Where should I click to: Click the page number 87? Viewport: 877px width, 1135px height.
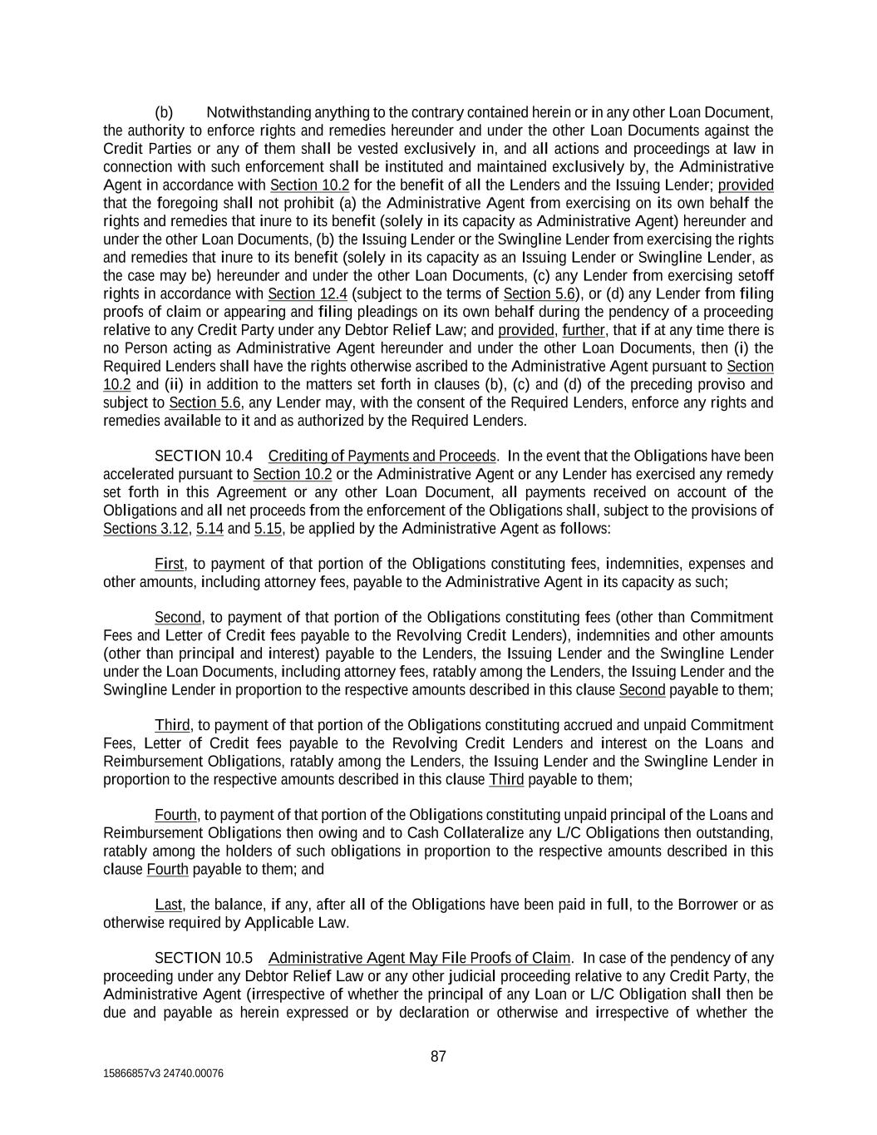(x=438, y=1057)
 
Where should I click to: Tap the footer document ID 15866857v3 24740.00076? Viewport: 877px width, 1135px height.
(x=163, y=1073)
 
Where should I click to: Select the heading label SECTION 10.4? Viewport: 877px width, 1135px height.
(x=204, y=456)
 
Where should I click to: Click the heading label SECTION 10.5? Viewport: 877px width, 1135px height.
(x=204, y=958)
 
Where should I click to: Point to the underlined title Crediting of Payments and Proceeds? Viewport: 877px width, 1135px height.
(x=382, y=456)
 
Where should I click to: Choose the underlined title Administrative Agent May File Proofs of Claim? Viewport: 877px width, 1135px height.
(x=420, y=958)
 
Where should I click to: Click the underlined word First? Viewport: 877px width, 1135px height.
(x=170, y=564)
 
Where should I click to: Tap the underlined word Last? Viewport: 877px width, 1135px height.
(x=169, y=904)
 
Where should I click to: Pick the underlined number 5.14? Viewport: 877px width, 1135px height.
(x=209, y=528)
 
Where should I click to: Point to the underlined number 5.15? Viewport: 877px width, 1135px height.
(x=268, y=528)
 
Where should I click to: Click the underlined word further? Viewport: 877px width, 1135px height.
(x=584, y=330)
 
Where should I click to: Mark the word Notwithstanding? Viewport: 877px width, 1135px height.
(x=259, y=112)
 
